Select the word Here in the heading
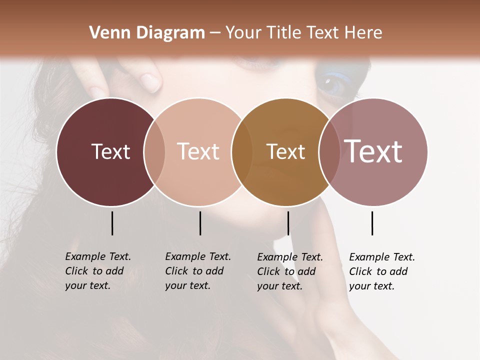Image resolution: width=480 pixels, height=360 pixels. point(363,33)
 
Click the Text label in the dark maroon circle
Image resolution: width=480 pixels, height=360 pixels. point(110,151)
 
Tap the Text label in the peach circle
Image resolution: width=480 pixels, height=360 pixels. point(198,151)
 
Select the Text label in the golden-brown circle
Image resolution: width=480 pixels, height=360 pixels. point(285,151)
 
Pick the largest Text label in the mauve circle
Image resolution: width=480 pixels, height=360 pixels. point(373,151)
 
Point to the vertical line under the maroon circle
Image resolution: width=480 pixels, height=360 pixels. point(112,223)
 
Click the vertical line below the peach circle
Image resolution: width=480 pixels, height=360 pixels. point(200,223)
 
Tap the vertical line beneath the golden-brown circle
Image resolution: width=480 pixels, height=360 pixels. point(288,223)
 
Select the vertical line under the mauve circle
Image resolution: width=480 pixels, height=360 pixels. point(372,223)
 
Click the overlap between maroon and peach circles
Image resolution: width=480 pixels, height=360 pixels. point(154,151)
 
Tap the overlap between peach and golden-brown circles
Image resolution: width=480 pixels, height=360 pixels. point(242,151)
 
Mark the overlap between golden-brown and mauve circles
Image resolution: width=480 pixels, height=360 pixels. point(329,151)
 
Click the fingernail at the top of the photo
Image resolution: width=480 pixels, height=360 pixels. point(150,80)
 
